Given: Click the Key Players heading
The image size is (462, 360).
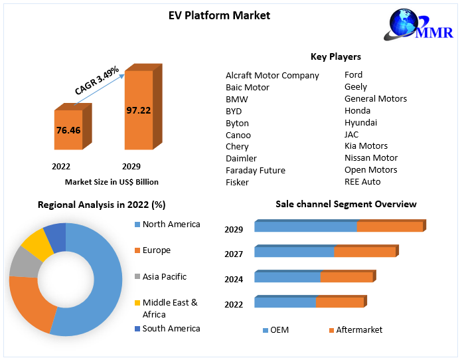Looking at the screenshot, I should (x=335, y=56).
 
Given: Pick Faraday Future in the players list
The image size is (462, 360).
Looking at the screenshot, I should (x=256, y=170).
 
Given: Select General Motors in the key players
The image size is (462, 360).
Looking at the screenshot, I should (x=376, y=98).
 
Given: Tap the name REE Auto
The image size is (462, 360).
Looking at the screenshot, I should (x=362, y=181).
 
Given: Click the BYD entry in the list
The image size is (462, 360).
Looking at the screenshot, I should (x=234, y=111).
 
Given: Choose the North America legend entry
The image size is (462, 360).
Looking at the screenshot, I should (x=171, y=225).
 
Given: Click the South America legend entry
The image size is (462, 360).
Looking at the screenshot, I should (x=171, y=328).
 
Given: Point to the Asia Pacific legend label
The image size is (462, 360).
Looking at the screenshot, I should (x=164, y=276).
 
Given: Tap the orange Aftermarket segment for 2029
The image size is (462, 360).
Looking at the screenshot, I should (x=390, y=226).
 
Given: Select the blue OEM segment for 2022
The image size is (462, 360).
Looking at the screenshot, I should (x=285, y=302).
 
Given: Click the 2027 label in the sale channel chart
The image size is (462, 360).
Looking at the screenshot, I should (x=234, y=254).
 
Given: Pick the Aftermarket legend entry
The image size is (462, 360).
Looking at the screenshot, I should (x=359, y=329).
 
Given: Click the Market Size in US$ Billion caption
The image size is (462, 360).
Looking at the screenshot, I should (x=112, y=181).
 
